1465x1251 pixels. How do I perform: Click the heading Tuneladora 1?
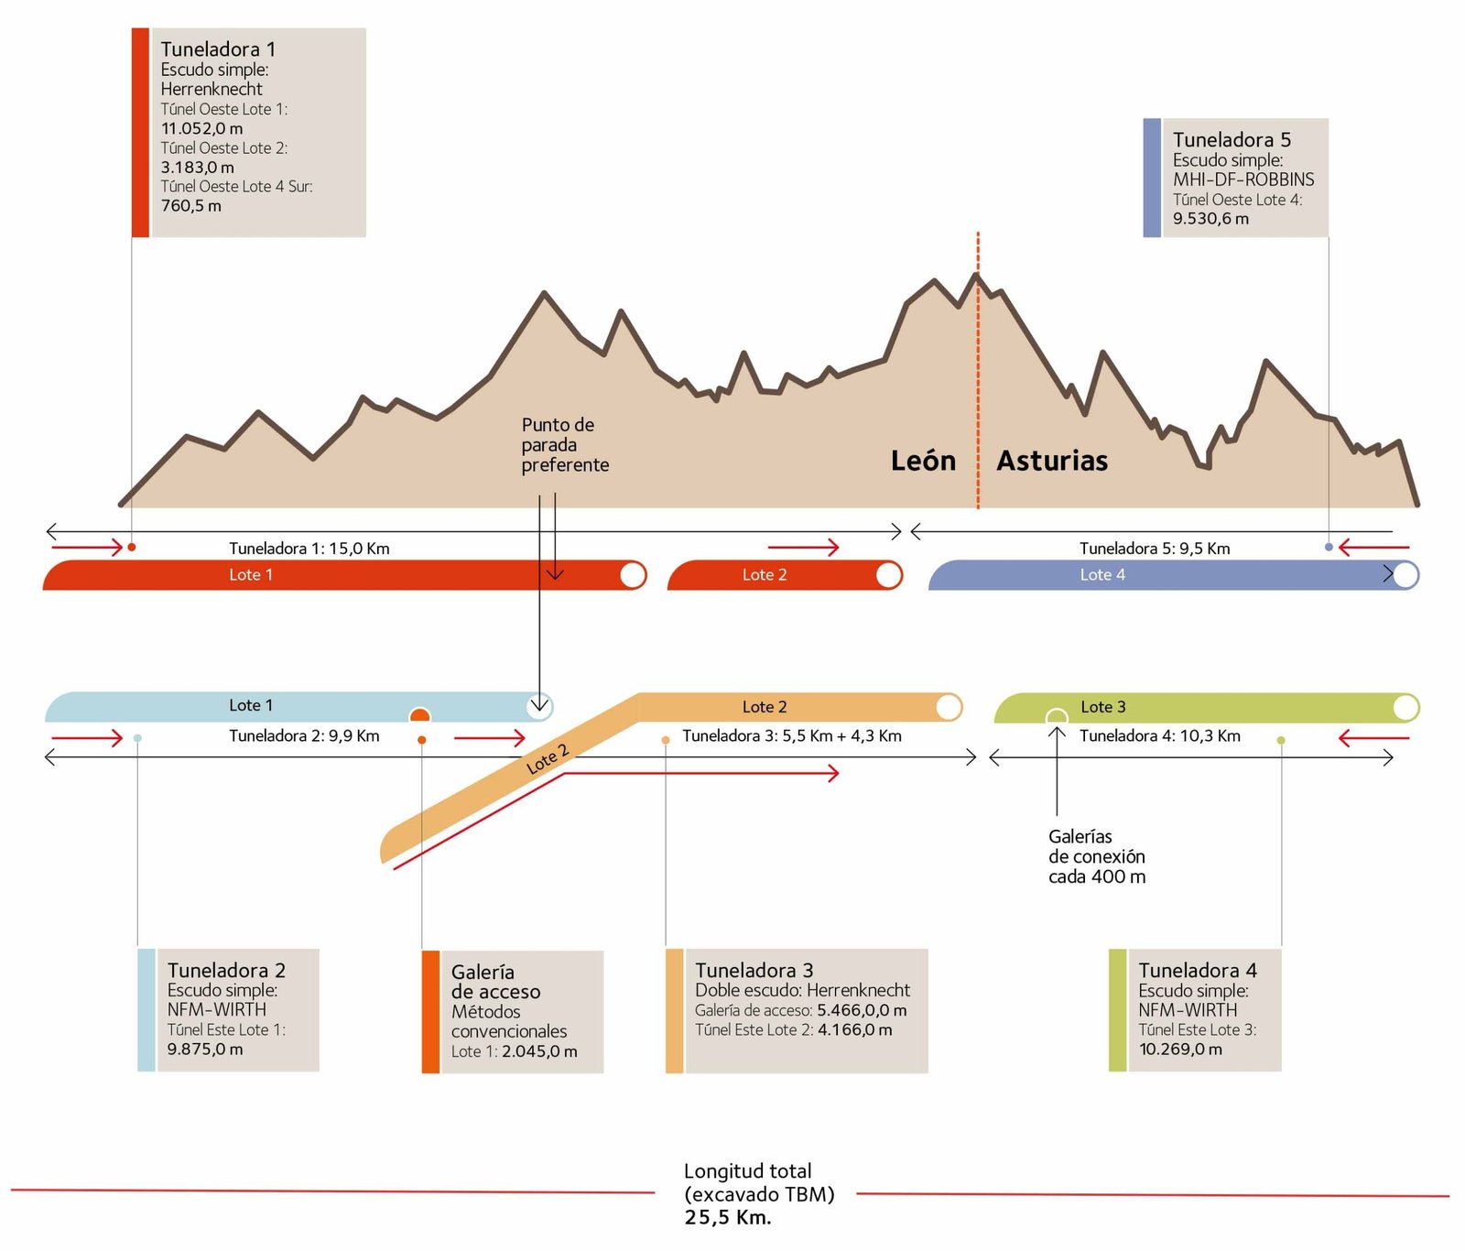pos(218,49)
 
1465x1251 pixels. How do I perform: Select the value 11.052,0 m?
pos(202,129)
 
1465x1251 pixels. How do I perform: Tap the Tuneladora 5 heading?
pos(1232,140)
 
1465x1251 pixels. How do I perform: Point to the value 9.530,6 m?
pos(1210,219)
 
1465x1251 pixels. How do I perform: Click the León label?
pos(923,461)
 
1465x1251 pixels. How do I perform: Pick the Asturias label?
pos(1052,461)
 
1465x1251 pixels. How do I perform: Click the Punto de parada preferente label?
pos(565,445)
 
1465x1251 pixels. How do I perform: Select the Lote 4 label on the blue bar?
pos(1102,575)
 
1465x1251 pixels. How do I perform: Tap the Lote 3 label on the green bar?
pos(1103,707)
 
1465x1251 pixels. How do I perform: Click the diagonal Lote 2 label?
pos(548,760)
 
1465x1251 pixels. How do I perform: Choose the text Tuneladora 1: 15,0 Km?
pos(309,549)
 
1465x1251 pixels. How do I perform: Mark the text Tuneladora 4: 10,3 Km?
pos(1160,736)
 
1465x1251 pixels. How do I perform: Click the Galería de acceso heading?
pos(495,982)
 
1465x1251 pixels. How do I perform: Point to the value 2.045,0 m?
pos(538,1051)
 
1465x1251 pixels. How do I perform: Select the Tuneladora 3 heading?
pos(754,970)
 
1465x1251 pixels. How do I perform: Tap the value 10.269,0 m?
pos(1180,1050)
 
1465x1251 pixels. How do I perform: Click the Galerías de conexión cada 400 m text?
pos(1097,856)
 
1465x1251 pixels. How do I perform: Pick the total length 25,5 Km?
pos(728,1218)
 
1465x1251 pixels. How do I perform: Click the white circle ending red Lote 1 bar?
pos(633,575)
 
